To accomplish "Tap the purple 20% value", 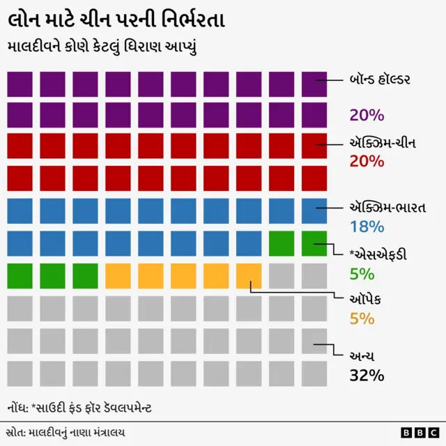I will pyautogui.click(x=367, y=115).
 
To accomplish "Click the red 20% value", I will pyautogui.click(x=367, y=161).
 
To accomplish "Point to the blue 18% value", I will pyautogui.click(x=367, y=226).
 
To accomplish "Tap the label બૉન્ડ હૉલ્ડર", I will pyautogui.click(x=380, y=79).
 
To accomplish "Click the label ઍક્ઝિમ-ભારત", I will pyautogui.click(x=387, y=208).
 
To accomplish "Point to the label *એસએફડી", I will pyautogui.click(x=380, y=254).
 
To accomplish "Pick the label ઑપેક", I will pyautogui.click(x=366, y=300).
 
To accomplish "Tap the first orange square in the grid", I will pyautogui.click(x=118, y=275).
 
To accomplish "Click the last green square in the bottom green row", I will pyautogui.click(x=85, y=275).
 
